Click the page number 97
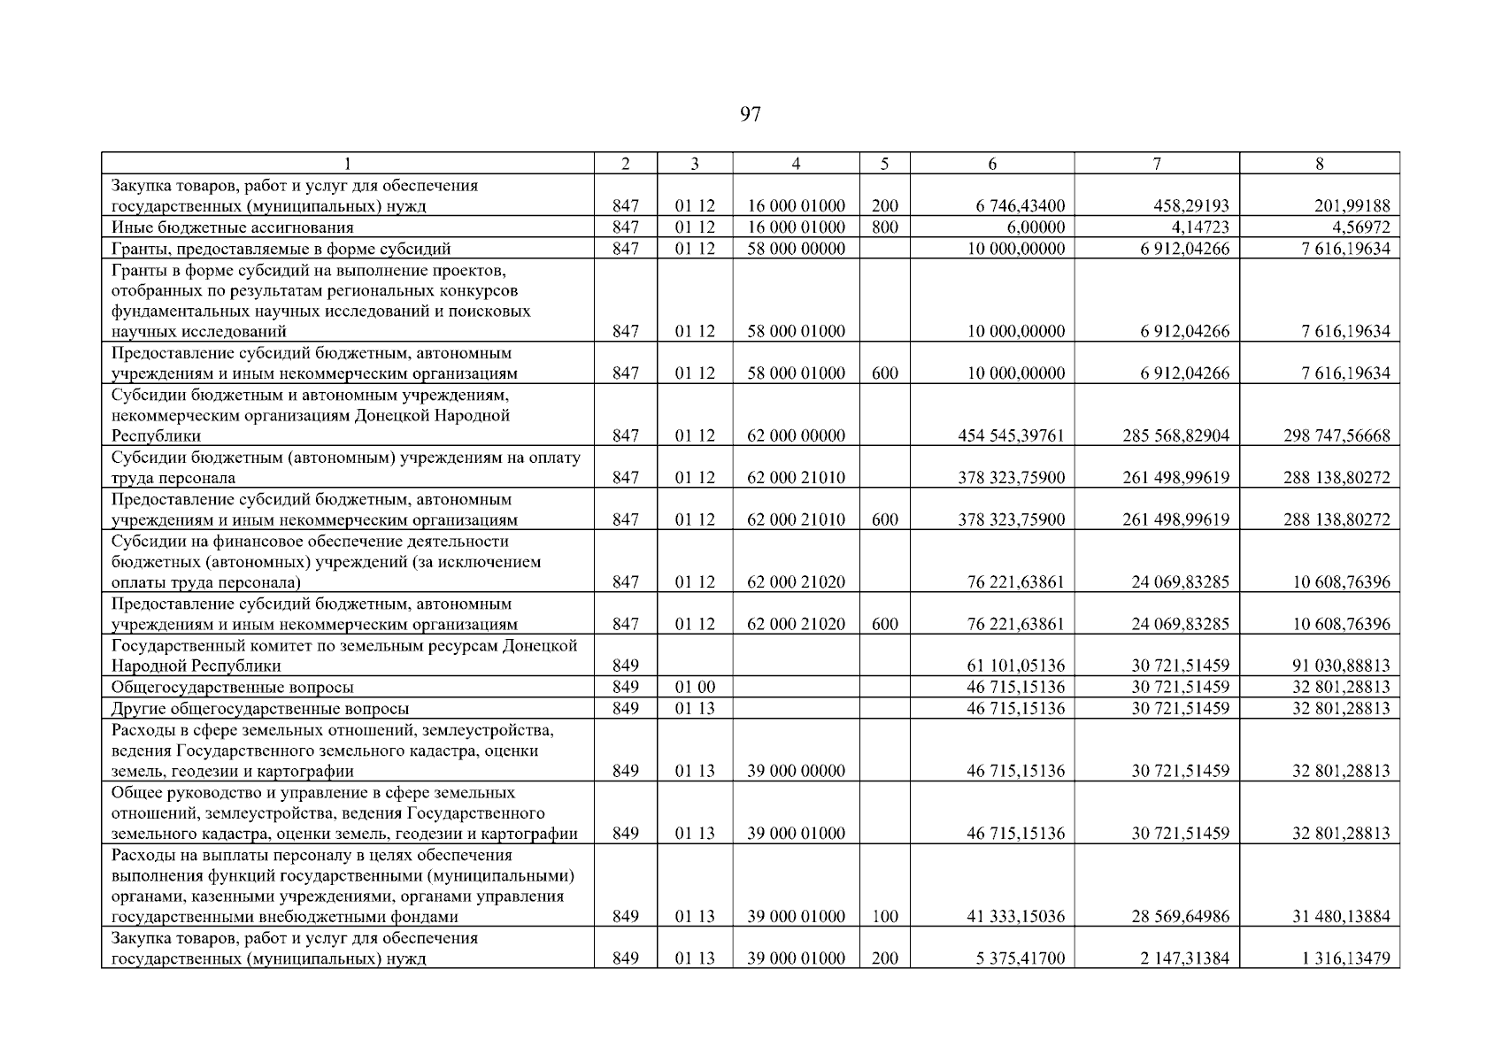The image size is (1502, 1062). (x=750, y=114)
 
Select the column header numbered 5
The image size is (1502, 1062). (x=884, y=164)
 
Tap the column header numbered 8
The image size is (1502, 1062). (x=1319, y=164)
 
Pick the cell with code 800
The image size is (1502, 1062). (x=884, y=227)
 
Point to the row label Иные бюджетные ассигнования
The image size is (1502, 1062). (x=232, y=227)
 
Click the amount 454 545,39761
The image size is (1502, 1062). (x=1011, y=435)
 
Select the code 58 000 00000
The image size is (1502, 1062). (x=796, y=249)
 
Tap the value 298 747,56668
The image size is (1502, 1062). (x=1336, y=435)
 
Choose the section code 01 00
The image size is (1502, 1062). (x=695, y=687)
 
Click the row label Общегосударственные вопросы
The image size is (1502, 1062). (x=232, y=687)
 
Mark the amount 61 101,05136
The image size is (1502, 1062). (x=1015, y=666)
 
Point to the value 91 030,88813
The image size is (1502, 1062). (x=1341, y=666)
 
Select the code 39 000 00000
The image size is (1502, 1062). (x=796, y=771)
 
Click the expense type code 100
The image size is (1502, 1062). (x=884, y=917)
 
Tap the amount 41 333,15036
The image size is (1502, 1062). (x=1015, y=917)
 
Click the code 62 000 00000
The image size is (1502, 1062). (x=796, y=435)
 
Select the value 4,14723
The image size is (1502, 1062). (x=1198, y=227)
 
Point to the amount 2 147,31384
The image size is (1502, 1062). (x=1180, y=958)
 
